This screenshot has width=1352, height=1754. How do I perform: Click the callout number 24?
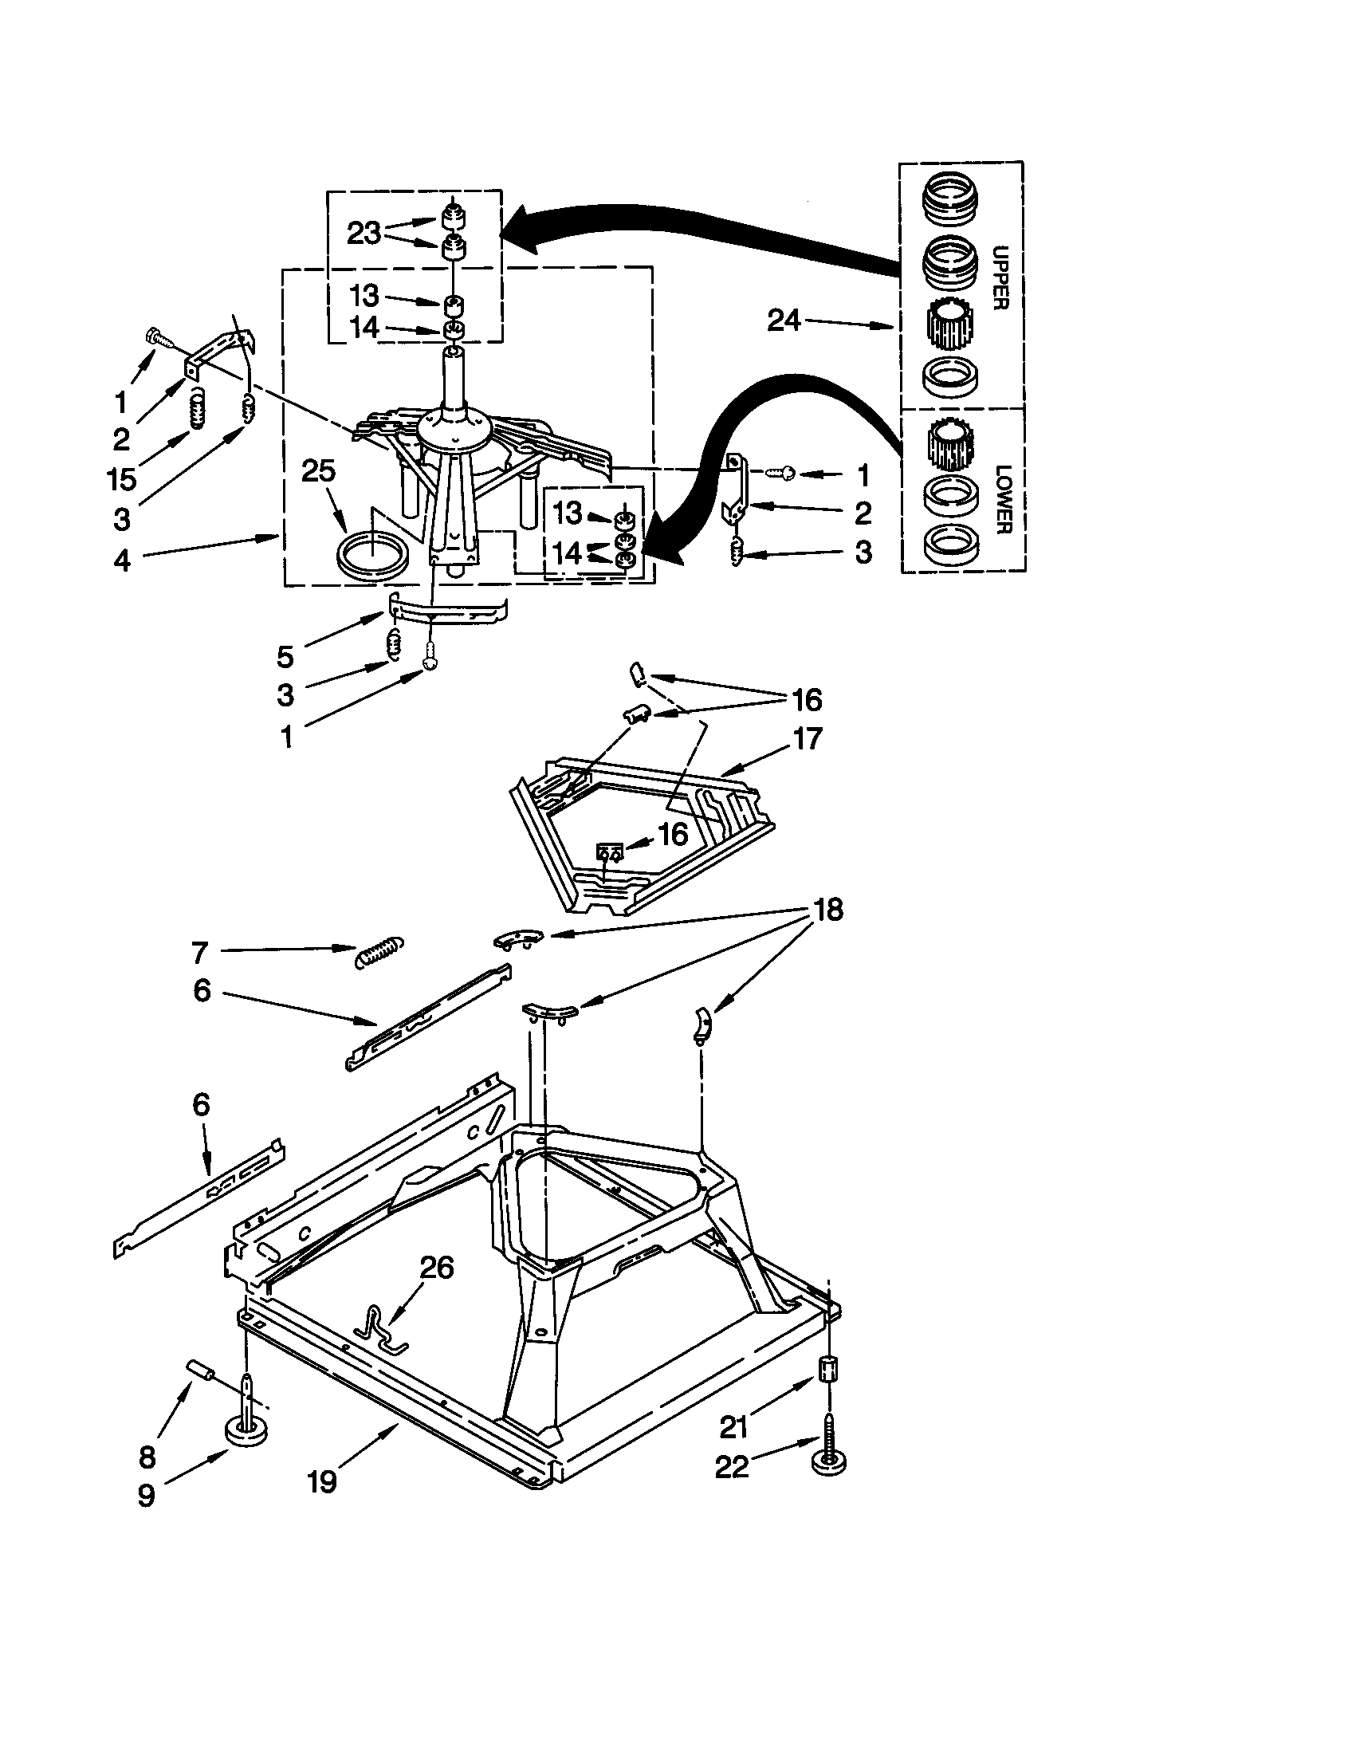pyautogui.click(x=784, y=321)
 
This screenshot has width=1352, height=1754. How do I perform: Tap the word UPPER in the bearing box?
pyautogui.click(x=1000, y=277)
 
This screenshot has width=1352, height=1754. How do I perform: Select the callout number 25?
pyautogui.click(x=318, y=470)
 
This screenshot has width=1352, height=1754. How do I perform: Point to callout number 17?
pyautogui.click(x=807, y=737)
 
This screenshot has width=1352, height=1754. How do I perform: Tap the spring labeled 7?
pyautogui.click(x=379, y=952)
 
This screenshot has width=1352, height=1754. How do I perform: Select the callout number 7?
pyautogui.click(x=200, y=953)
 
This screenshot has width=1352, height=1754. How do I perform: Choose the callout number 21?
pyautogui.click(x=733, y=1426)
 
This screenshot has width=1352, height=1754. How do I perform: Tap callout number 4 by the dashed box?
pyautogui.click(x=122, y=559)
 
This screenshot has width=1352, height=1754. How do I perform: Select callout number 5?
pyautogui.click(x=285, y=656)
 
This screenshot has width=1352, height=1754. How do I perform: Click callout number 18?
pyautogui.click(x=828, y=910)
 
